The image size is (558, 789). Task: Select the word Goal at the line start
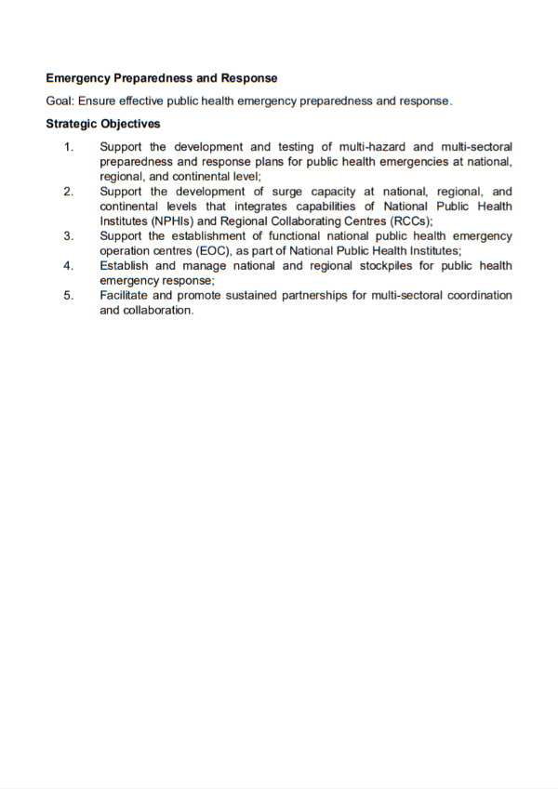pyautogui.click(x=60, y=100)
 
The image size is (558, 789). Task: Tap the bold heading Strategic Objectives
pyautogui.click(x=102, y=124)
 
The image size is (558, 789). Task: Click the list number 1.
pyautogui.click(x=69, y=147)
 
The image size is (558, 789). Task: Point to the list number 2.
pyautogui.click(x=69, y=192)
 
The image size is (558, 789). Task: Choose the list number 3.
pyautogui.click(x=69, y=236)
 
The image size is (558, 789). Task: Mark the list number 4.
pyautogui.click(x=69, y=266)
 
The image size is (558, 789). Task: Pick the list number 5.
pyautogui.click(x=69, y=296)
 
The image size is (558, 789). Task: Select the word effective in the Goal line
pyautogui.click(x=144, y=100)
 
